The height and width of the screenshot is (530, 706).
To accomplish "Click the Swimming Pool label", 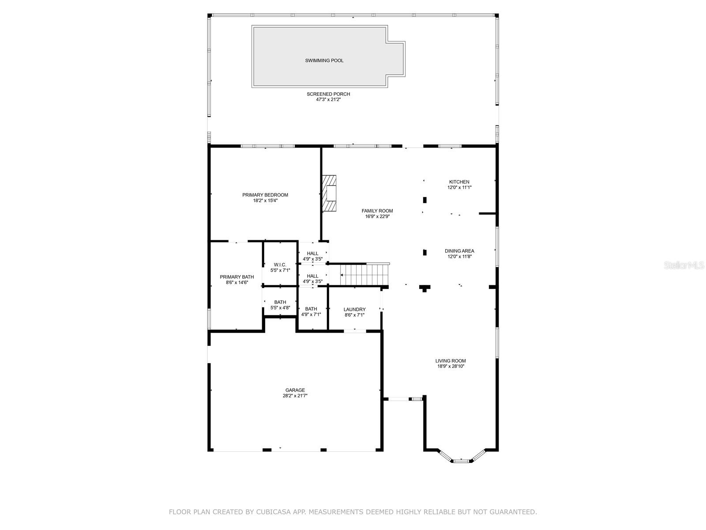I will (x=324, y=61).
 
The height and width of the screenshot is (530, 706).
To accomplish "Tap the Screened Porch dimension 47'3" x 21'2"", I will (x=328, y=100).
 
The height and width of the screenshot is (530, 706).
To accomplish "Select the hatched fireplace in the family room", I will (x=329, y=193).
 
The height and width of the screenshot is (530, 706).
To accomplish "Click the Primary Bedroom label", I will (x=265, y=195).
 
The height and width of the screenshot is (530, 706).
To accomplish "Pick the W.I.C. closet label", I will (x=280, y=265).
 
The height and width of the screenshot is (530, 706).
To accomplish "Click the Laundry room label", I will (x=354, y=309).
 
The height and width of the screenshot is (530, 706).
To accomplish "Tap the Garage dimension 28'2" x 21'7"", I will (x=295, y=396).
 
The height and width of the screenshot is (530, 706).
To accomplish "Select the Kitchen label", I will (x=459, y=182).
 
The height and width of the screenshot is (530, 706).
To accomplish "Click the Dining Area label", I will (x=459, y=251).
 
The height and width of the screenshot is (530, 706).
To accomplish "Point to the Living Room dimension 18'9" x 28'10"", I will (x=450, y=366).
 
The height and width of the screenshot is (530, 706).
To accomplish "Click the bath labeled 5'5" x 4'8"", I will (x=280, y=305).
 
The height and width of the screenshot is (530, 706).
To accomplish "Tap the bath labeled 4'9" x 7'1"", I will (x=311, y=312).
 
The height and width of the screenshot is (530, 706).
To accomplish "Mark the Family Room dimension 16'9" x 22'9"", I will (x=377, y=216).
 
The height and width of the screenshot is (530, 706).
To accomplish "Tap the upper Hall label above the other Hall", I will (x=312, y=254).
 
